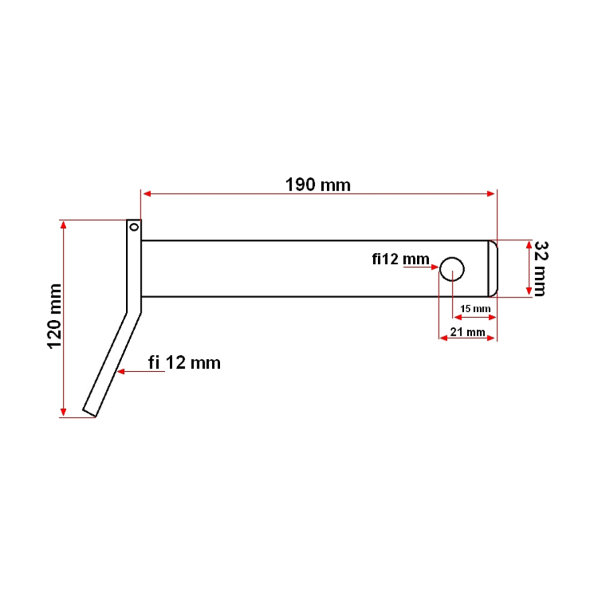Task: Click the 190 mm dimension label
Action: point(318,185)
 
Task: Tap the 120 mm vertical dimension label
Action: point(54,316)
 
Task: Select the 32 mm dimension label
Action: point(539,268)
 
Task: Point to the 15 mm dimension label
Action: point(475,309)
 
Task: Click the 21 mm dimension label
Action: point(468,332)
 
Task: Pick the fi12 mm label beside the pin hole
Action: point(400,259)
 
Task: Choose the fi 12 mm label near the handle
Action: point(184,363)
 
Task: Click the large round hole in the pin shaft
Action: point(452,269)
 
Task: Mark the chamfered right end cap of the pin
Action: point(493,269)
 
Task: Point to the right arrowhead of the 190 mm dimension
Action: point(491,194)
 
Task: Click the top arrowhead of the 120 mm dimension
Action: point(63,225)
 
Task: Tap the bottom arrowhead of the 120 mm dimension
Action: point(63,412)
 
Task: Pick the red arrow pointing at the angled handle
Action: point(122,371)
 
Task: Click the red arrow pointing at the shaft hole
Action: point(434,267)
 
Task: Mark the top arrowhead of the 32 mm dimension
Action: point(529,246)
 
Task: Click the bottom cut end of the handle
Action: point(90,413)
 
